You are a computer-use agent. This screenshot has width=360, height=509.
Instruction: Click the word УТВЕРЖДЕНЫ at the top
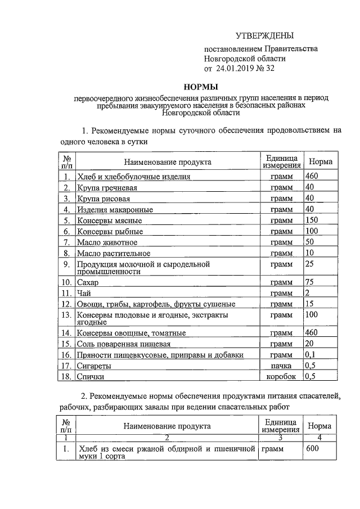coord(264,36)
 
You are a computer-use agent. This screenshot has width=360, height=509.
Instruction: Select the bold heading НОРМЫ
coord(201,87)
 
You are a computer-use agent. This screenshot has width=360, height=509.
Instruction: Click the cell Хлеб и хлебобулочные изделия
coord(134,177)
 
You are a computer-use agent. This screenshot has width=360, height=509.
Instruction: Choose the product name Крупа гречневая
coord(106,188)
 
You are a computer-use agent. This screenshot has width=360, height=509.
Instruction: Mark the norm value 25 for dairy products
coord(309,263)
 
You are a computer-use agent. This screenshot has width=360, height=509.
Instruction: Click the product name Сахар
coord(88,283)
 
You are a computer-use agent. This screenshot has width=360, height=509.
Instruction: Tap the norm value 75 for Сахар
coord(309,282)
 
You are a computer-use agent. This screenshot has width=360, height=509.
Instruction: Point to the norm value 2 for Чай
coord(307,293)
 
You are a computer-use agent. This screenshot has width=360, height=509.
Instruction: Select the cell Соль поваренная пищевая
coord(124,344)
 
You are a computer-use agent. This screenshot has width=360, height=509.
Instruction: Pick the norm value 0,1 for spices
coord(310,354)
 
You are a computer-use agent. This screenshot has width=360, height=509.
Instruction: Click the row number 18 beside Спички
coord(66,376)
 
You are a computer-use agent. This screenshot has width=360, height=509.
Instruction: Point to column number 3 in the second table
coord(280,437)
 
